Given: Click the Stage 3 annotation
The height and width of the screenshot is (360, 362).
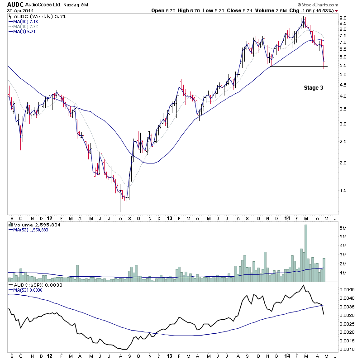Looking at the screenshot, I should click(x=313, y=88).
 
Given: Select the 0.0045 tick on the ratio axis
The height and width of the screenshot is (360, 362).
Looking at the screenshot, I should click(x=347, y=289).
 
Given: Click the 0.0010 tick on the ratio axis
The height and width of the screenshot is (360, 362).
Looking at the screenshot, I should click(x=347, y=349).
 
